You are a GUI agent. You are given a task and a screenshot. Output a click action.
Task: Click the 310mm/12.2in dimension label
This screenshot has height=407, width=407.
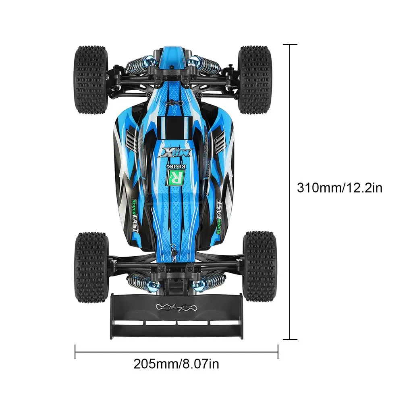click(x=340, y=188)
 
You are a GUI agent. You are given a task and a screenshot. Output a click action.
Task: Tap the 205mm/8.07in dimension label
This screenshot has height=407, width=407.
click(x=176, y=364)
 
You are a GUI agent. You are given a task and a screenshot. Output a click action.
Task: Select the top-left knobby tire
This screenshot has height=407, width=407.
click(x=91, y=80)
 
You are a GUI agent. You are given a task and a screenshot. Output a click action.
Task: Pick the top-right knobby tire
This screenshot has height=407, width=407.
click(x=255, y=80)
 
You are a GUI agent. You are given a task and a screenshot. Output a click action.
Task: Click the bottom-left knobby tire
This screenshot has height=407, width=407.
click(x=91, y=267)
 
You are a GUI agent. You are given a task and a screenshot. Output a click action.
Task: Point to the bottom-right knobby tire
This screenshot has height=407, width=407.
click(x=260, y=266)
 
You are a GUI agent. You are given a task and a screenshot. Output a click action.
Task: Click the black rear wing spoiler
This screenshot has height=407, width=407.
click(x=177, y=316)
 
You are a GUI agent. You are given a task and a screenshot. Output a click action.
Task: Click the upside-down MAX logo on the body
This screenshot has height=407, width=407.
click(x=176, y=153)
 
